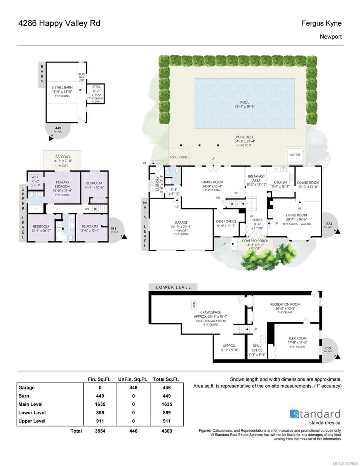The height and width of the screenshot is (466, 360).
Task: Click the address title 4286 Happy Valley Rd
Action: [59, 23]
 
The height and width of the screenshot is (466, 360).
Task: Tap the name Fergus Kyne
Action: [322, 23]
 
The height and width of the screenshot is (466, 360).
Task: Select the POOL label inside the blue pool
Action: [244, 103]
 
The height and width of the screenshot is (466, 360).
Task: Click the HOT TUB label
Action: [295, 155]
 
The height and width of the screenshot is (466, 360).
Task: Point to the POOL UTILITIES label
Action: [179, 157]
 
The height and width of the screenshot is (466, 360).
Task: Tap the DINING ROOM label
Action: [308, 183]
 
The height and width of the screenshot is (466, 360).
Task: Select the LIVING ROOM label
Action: [296, 215]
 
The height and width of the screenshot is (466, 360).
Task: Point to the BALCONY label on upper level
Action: [62, 156]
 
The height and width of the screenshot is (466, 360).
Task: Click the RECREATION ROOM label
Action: [285, 304]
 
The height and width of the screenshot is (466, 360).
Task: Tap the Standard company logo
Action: [315, 414]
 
